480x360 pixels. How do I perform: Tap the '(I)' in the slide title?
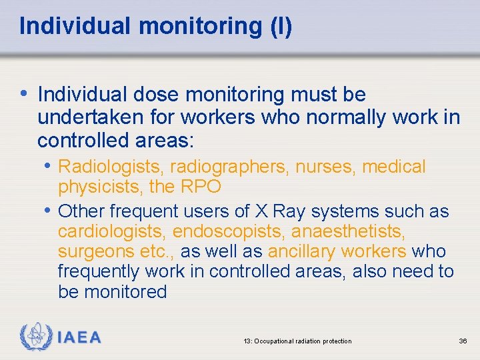pos(279,27)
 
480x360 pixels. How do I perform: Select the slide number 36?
pos(463,341)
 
